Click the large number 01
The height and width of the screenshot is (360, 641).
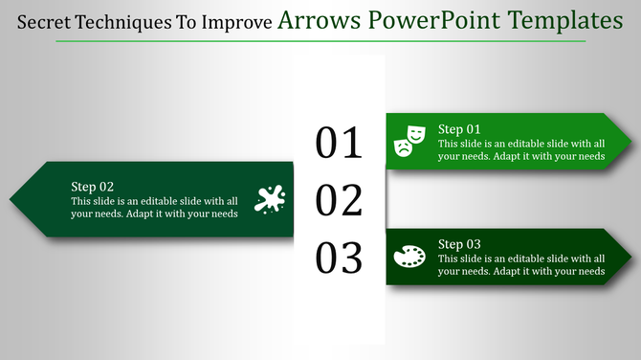[x=340, y=142]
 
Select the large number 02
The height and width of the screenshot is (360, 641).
[x=340, y=200]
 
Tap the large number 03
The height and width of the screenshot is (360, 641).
[x=340, y=258]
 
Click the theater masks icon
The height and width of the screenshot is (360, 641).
[x=409, y=139]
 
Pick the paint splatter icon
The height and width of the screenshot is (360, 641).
[x=270, y=198]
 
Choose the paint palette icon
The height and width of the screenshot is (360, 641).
[x=409, y=256]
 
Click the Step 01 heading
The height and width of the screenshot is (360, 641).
[x=459, y=129]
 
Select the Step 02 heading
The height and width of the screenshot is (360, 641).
[x=93, y=187]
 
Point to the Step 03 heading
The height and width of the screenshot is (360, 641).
[x=459, y=244]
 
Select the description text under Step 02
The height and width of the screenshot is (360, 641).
[x=154, y=207]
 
